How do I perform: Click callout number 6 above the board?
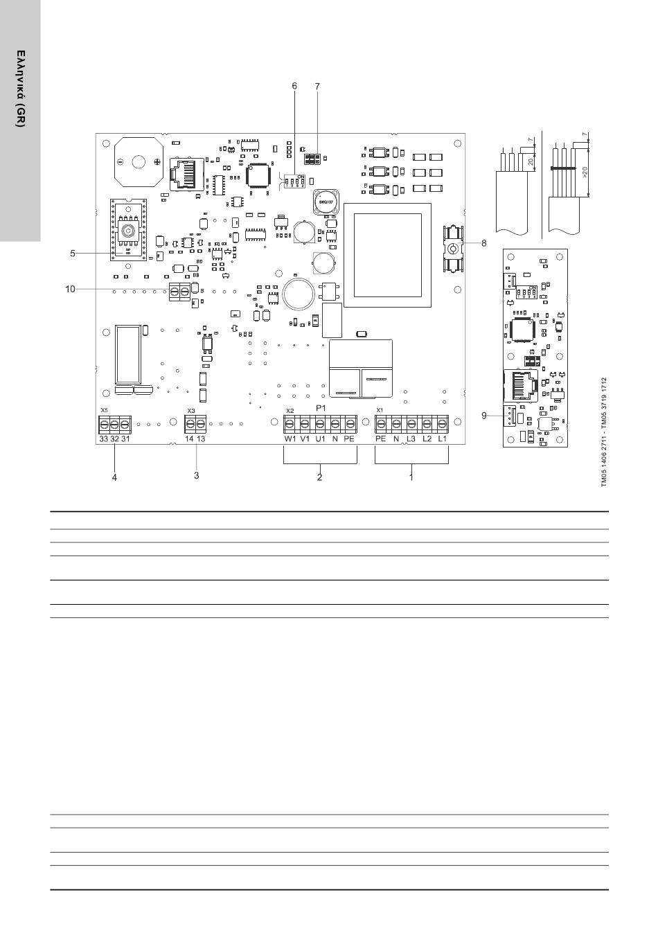(294, 86)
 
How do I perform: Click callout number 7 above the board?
(317, 86)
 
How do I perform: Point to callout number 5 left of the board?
(73, 254)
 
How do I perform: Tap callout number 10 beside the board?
(70, 289)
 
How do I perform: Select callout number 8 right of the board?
(484, 243)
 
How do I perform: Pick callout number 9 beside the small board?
(485, 416)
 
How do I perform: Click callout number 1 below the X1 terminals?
(411, 477)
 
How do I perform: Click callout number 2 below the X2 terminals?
(320, 477)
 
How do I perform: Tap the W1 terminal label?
(290, 439)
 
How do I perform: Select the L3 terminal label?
(411, 439)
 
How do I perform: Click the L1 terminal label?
(442, 439)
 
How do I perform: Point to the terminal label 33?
(103, 439)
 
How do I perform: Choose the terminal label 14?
(189, 439)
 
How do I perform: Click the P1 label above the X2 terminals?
(321, 409)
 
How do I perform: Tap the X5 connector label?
(104, 411)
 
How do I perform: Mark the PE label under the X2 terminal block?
(349, 439)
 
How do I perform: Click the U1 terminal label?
(320, 439)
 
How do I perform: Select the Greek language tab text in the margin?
(21, 88)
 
